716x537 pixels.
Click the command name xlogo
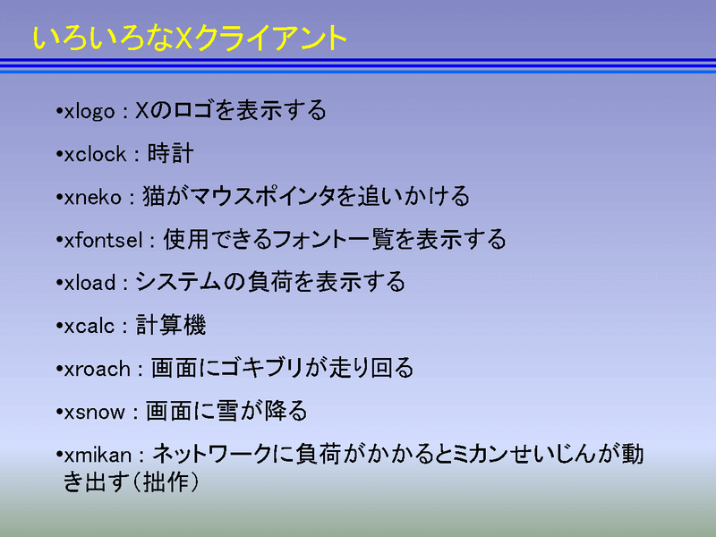pyautogui.click(x=89, y=112)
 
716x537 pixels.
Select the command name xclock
pyautogui.click(x=95, y=154)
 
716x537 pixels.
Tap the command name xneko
pyautogui.click(x=93, y=197)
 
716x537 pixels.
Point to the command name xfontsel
pyautogui.click(x=103, y=240)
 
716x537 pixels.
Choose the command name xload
pyautogui.click(x=90, y=283)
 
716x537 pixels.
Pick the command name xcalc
pyautogui.click(x=89, y=326)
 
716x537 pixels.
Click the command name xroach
pyautogui.click(x=98, y=369)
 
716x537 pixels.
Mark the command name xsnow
pyautogui.click(x=95, y=413)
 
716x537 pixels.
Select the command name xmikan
pyautogui.click(x=98, y=455)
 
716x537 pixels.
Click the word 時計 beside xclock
pyautogui.click(x=170, y=153)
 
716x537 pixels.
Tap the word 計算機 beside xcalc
pyautogui.click(x=171, y=325)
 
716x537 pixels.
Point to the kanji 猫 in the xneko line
pyautogui.click(x=153, y=196)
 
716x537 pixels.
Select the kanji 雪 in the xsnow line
pyautogui.click(x=227, y=411)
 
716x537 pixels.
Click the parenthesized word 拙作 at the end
pyautogui.click(x=166, y=482)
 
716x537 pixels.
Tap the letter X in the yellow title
pyautogui.click(x=183, y=38)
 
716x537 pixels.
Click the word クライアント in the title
pyautogui.click(x=270, y=38)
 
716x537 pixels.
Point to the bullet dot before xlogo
pyautogui.click(x=59, y=110)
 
